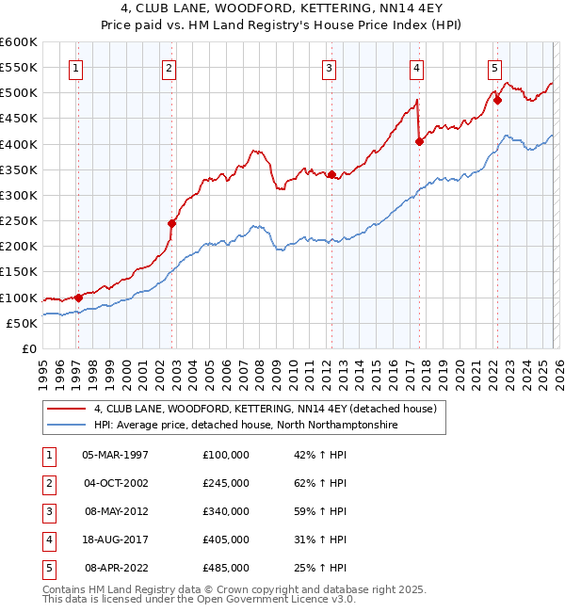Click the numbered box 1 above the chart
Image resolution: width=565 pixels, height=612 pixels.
point(74,67)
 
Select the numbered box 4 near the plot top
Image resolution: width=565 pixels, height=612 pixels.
point(415,67)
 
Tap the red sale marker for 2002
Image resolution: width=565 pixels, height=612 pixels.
point(171,223)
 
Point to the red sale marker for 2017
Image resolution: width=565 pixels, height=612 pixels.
point(419,141)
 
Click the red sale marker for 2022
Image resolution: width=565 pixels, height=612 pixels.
point(497,101)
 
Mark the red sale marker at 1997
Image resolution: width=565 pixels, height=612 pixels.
point(78,298)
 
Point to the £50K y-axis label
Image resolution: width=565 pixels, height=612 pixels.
point(23,323)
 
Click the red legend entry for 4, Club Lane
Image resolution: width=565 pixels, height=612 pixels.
point(265,410)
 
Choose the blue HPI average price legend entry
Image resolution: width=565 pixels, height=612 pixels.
point(246,426)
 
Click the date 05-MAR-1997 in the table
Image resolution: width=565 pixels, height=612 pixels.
point(115,455)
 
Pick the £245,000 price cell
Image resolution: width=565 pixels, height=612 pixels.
point(225,483)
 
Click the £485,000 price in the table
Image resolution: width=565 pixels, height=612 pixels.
point(225,568)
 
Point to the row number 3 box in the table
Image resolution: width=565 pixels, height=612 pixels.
point(46,511)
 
